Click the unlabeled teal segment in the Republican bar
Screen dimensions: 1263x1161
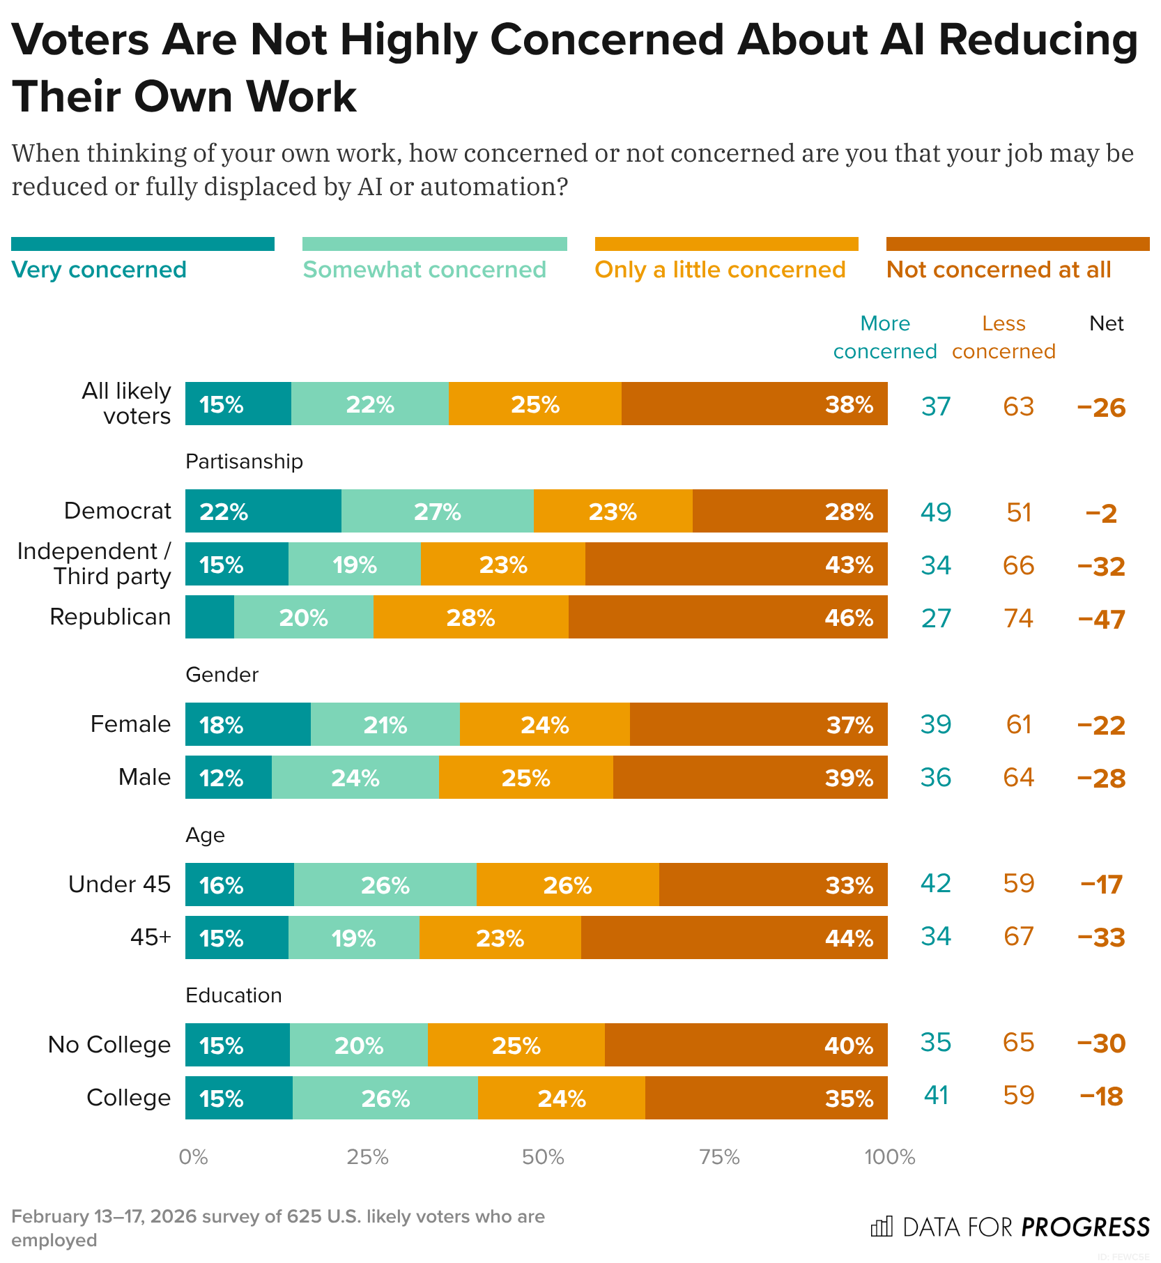[x=209, y=617]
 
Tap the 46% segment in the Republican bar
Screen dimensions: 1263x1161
[x=728, y=617]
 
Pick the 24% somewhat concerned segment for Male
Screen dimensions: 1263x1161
[x=355, y=777]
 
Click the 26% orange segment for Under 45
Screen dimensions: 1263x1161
[x=567, y=885]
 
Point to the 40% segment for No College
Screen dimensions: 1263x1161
[x=746, y=1045]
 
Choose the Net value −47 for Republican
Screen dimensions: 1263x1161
[x=1101, y=619]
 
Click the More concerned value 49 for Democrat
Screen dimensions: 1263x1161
[x=935, y=512]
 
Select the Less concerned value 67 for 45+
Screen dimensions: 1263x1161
[x=1018, y=936]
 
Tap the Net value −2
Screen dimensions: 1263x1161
[x=1101, y=514]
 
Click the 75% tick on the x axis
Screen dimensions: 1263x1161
[x=719, y=1157]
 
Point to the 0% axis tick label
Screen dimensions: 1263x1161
[x=193, y=1157]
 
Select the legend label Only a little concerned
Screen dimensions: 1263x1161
[x=720, y=270]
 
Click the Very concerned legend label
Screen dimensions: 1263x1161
[x=99, y=270]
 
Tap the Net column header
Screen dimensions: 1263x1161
[x=1107, y=323]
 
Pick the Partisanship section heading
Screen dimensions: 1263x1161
[x=244, y=461]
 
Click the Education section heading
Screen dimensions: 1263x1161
[x=233, y=995]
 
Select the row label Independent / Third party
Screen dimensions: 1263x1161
[x=94, y=564]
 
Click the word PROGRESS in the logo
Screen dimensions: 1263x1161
[x=1085, y=1227]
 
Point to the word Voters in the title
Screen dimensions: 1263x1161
[x=80, y=40]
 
